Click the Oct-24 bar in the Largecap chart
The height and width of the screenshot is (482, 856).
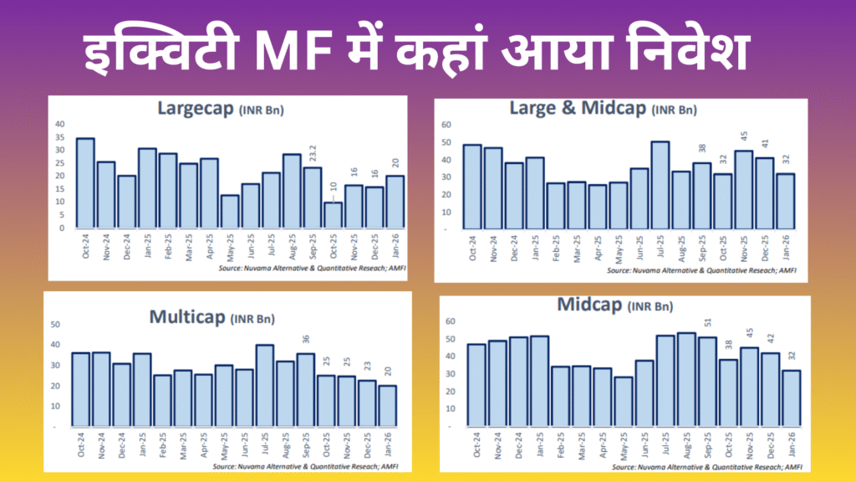coord(85,182)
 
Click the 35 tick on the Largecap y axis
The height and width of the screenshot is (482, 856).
coord(59,137)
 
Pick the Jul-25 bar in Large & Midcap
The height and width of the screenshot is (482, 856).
coord(660,184)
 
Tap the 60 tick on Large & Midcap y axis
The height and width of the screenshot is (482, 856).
coord(446,125)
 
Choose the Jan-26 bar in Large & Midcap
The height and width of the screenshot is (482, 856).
coord(785,200)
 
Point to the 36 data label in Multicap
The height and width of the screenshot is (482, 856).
coord(306,340)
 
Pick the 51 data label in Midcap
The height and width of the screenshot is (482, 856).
coord(708,323)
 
